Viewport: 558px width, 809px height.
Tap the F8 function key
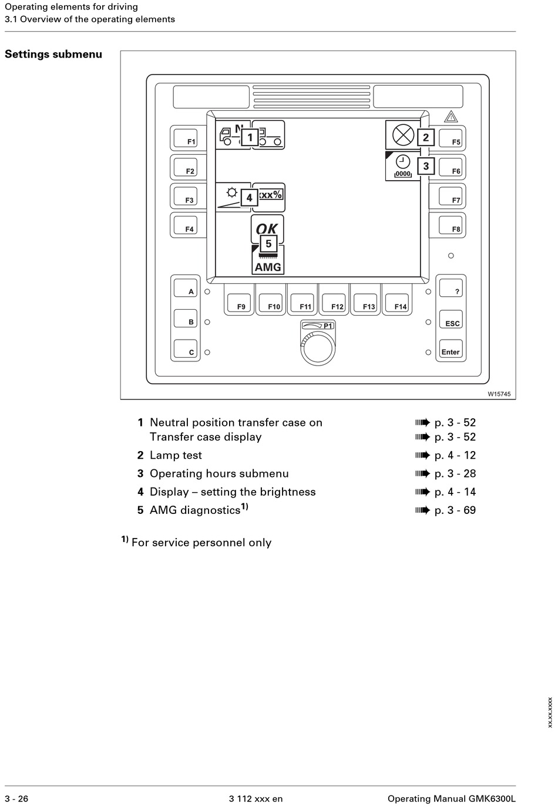tap(448, 225)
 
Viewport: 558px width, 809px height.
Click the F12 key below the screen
tap(334, 300)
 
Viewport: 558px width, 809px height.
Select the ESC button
tap(451, 320)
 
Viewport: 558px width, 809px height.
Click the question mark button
tap(451, 287)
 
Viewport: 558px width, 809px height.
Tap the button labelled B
tap(186, 319)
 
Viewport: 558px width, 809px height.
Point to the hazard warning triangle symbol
tap(451, 117)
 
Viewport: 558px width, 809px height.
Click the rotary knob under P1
tap(317, 348)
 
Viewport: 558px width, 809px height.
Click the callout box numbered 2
tap(426, 137)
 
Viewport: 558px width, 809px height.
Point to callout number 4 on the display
tap(249, 198)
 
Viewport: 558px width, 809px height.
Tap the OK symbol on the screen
tap(267, 229)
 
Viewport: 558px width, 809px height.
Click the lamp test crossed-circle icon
tap(403, 136)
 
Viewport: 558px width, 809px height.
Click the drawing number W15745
tap(499, 394)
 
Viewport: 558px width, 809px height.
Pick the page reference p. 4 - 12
tap(455, 455)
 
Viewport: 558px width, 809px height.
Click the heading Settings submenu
tap(53, 55)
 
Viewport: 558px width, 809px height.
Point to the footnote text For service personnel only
tap(201, 543)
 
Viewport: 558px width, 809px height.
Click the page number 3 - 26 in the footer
tap(16, 798)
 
